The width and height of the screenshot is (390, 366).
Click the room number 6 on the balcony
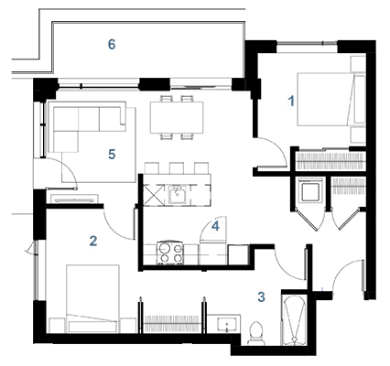[112, 45]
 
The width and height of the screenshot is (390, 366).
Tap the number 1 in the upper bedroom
[292, 101]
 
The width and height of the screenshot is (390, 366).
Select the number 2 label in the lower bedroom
[93, 241]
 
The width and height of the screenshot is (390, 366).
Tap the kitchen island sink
[179, 194]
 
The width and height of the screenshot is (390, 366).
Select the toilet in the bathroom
[256, 334]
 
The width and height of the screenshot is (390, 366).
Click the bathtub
[294, 320]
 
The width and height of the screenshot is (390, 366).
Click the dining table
[177, 117]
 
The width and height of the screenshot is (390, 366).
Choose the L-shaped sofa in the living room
[87, 126]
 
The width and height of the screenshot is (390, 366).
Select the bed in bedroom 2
[92, 298]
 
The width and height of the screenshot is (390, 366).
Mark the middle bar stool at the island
[177, 168]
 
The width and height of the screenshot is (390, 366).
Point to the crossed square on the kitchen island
[155, 195]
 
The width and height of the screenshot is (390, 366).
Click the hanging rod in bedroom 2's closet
[171, 323]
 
